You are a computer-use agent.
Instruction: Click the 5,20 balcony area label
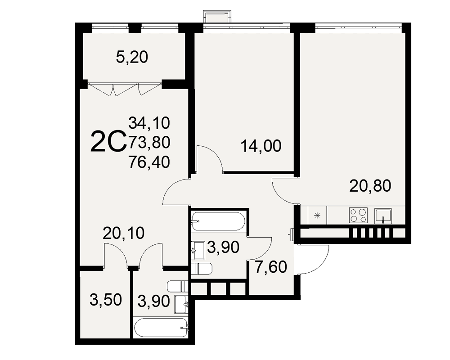[132, 57]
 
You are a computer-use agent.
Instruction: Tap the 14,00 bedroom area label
[261, 146]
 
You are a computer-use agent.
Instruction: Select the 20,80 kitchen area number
[370, 185]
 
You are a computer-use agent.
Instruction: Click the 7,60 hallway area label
[271, 267]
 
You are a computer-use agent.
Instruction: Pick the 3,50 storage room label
[106, 300]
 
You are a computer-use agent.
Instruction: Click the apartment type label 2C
[108, 141]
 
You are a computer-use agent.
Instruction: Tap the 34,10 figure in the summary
[149, 123]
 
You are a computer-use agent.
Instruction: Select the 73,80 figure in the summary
[149, 142]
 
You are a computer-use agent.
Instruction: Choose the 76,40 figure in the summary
[149, 162]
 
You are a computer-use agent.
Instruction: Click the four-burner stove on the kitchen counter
[358, 215]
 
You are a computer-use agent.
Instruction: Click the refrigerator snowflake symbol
[317, 215]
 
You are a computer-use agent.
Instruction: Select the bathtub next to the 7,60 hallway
[218, 221]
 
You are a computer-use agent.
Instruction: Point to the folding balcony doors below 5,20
[124, 89]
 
